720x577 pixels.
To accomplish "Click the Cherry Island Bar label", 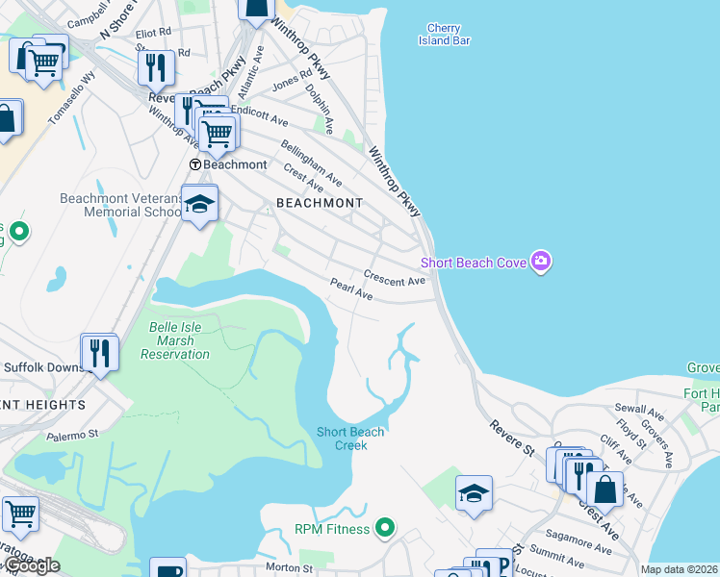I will (x=444, y=35).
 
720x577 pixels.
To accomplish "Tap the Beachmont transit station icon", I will (x=195, y=164).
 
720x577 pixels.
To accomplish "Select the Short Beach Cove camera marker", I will (x=541, y=263).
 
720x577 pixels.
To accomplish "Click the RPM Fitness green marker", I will (x=385, y=527).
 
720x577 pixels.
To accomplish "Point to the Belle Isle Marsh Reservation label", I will (x=175, y=340).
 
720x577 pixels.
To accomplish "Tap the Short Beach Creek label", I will (x=350, y=439).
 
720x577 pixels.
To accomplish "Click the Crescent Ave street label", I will (x=395, y=281).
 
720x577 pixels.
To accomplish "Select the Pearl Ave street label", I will (x=351, y=289).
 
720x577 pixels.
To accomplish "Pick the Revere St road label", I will (x=510, y=437).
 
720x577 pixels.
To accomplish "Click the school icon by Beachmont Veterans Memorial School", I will (x=199, y=204).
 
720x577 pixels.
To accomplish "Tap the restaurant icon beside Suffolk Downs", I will (x=99, y=353).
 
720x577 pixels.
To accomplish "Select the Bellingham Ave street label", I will (x=311, y=163).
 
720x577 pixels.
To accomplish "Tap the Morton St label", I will (x=289, y=568).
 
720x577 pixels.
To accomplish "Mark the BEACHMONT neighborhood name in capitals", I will (x=320, y=203).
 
